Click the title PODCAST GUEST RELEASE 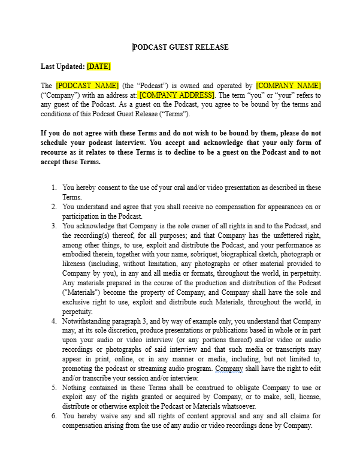[180, 47]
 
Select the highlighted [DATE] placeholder [99, 67]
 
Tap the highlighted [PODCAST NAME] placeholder [87, 86]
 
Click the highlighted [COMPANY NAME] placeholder [288, 86]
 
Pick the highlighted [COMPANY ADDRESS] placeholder [176, 95]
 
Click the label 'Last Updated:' [62, 67]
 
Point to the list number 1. [54, 188]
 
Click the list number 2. [54, 207]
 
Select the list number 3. [54, 226]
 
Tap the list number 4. [54, 321]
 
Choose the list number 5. [54, 388]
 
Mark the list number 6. [54, 416]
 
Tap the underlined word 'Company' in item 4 [228, 369]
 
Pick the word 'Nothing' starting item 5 [75, 388]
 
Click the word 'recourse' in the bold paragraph [57, 152]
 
